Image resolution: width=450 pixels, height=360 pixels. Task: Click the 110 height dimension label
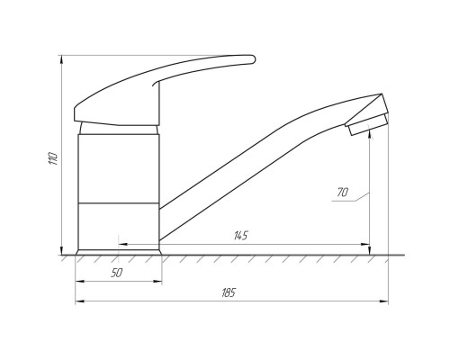click(x=53, y=157)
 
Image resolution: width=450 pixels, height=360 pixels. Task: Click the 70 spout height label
click(x=342, y=192)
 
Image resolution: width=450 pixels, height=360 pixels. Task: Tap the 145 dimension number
click(x=241, y=236)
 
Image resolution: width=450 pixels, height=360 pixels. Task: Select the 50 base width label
click(x=117, y=273)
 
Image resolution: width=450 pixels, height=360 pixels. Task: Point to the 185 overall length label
click(x=229, y=292)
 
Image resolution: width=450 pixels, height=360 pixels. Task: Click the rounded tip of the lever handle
click(x=253, y=59)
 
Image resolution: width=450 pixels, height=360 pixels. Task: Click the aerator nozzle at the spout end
click(x=368, y=124)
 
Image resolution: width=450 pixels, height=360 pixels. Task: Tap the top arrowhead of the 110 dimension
click(x=61, y=59)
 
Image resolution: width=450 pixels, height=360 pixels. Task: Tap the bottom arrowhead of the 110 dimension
click(x=61, y=250)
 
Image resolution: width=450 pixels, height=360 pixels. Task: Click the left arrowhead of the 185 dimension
click(x=79, y=301)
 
